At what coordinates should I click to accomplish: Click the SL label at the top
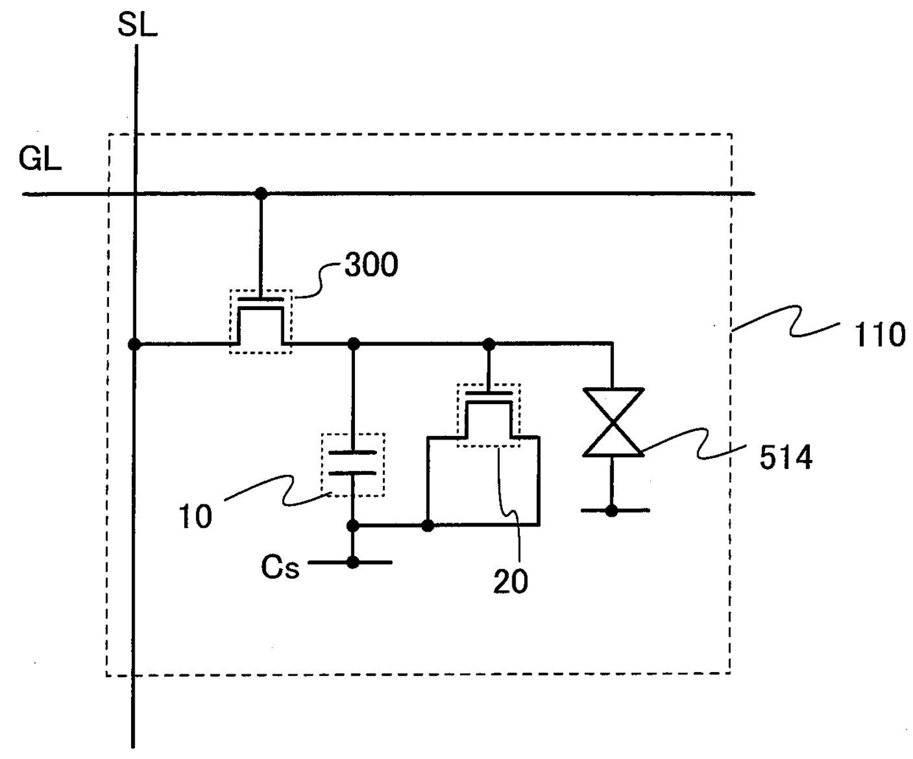(x=138, y=26)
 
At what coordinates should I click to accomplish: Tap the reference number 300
(x=371, y=265)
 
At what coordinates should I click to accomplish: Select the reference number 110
(x=879, y=336)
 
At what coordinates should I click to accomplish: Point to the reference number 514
(x=786, y=458)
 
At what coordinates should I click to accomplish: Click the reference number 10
(x=195, y=517)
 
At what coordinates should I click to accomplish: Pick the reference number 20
(x=510, y=582)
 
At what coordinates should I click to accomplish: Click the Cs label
(x=281, y=567)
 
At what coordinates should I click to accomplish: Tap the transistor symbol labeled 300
(x=261, y=322)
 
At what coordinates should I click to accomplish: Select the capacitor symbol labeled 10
(x=353, y=463)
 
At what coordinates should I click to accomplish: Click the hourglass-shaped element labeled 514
(x=613, y=423)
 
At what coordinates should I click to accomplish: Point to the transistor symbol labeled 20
(x=488, y=414)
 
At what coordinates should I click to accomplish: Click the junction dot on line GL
(x=261, y=194)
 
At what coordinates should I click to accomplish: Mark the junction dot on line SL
(x=134, y=344)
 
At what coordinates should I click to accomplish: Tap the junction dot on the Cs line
(x=353, y=562)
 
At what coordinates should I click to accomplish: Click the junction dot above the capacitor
(x=353, y=344)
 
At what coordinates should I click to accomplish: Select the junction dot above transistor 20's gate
(x=487, y=344)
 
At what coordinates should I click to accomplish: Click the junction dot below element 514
(x=612, y=510)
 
